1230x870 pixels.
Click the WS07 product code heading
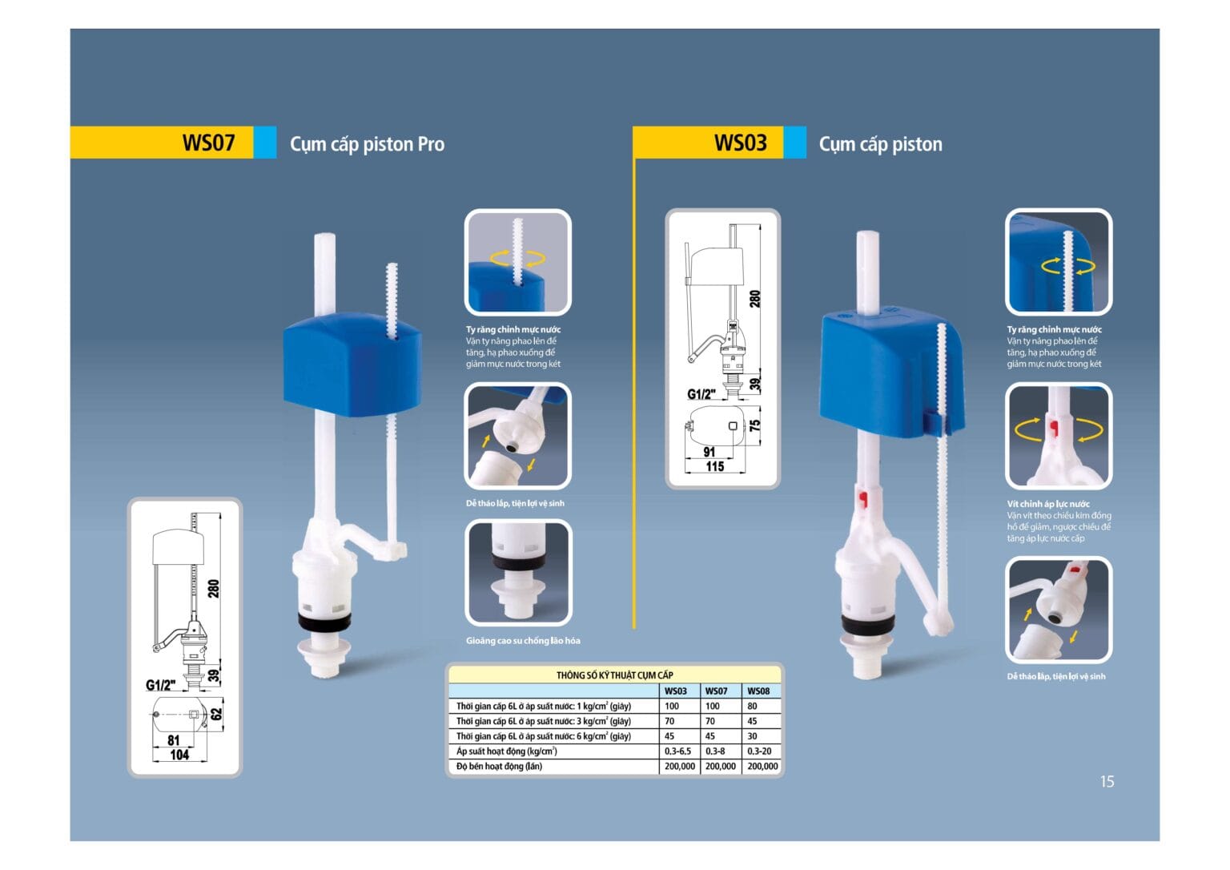(209, 143)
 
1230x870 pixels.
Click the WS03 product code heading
(740, 143)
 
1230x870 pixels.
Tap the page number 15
(1107, 782)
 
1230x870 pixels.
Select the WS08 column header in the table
(758, 691)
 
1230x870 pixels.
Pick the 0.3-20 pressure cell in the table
(759, 751)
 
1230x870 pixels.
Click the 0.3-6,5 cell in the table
(677, 751)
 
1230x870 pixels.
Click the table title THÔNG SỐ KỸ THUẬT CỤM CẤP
(614, 675)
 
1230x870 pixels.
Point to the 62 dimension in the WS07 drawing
(216, 714)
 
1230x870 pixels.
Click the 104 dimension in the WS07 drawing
(179, 755)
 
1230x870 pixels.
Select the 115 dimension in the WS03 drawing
(715, 466)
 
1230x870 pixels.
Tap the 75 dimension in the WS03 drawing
(755, 425)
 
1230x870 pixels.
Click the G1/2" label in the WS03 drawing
(701, 394)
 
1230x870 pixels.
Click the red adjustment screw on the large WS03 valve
(863, 498)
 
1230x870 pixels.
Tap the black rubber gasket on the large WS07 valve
(324, 620)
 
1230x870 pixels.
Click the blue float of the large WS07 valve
(352, 365)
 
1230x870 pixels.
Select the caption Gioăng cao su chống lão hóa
(523, 640)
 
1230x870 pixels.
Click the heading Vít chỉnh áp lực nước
(1047, 504)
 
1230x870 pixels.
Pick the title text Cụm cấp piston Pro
(367, 144)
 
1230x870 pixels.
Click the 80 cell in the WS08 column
(752, 706)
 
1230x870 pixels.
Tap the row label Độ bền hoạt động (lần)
(499, 766)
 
